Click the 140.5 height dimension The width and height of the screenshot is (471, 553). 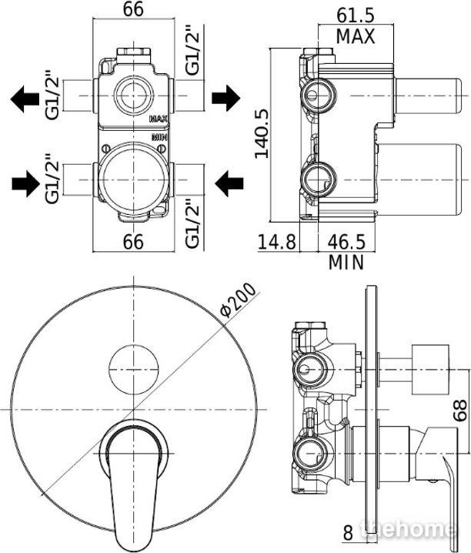click(x=262, y=133)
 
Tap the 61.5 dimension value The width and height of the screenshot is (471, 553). click(x=356, y=16)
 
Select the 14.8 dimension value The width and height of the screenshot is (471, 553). click(x=277, y=242)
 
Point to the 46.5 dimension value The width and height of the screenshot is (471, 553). click(x=346, y=242)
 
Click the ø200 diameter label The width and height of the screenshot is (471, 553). click(x=237, y=300)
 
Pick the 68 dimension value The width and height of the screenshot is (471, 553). click(x=460, y=411)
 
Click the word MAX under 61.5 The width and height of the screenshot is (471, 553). click(x=356, y=36)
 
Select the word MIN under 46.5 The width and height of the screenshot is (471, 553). click(x=346, y=263)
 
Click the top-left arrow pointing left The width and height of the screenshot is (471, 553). click(x=25, y=99)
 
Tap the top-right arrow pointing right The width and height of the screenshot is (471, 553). click(x=226, y=98)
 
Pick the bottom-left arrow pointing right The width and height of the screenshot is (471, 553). click(x=25, y=183)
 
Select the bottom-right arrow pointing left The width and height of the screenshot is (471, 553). click(x=229, y=183)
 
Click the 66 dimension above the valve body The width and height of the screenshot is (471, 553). click(x=133, y=9)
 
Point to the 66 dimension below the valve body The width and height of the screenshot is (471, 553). click(x=133, y=242)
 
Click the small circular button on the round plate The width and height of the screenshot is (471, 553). click(x=133, y=370)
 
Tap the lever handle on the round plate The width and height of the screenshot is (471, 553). click(x=131, y=487)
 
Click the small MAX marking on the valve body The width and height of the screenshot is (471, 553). click(x=159, y=119)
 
